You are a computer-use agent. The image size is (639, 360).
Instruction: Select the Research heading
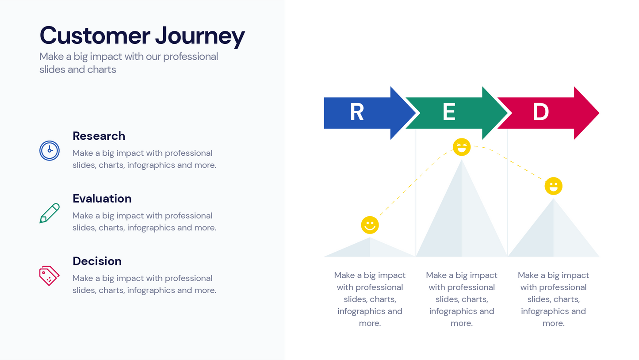[99, 136]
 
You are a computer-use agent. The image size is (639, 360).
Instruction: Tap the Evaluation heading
[102, 199]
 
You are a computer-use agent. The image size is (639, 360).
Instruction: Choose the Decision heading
[97, 261]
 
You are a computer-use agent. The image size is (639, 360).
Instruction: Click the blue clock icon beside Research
[50, 150]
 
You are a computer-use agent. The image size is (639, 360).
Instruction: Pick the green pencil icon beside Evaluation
[50, 213]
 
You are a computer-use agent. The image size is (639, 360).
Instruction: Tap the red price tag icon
[49, 276]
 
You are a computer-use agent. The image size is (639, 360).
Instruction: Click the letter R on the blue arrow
[357, 112]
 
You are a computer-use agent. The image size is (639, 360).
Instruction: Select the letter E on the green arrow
[449, 112]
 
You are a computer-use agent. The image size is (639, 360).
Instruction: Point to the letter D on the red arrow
[540, 112]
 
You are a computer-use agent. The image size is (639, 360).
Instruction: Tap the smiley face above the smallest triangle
[370, 225]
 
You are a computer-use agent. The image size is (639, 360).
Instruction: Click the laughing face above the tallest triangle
[462, 147]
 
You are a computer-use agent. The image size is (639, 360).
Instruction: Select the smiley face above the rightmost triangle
[553, 186]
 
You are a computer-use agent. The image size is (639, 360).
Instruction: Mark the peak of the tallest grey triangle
[462, 161]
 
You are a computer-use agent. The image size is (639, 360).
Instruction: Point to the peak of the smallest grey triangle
[370, 238]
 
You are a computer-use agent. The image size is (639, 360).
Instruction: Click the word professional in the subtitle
[191, 57]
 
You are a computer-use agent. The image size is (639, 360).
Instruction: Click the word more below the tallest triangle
[461, 323]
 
